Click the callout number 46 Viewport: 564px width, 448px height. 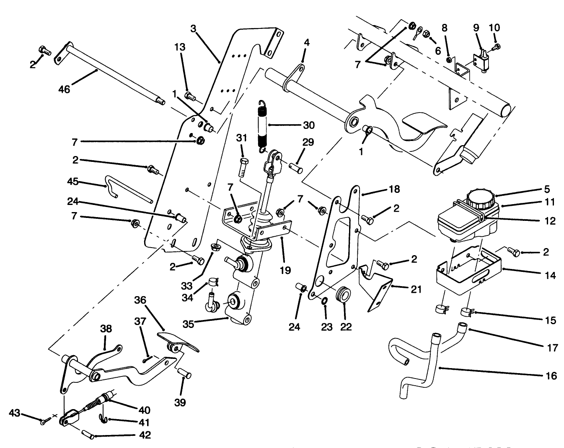[64, 89]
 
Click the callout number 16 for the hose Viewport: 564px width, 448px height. [552, 376]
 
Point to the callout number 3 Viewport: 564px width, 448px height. [193, 28]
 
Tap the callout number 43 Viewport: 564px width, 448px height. [15, 413]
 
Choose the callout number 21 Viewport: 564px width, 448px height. [416, 289]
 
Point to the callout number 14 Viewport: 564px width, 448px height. [550, 275]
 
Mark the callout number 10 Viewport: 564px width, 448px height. [494, 28]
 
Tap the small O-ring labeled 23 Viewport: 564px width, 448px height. [324, 301]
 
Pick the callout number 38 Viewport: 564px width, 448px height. [106, 329]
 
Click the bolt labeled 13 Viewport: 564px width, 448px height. [191, 97]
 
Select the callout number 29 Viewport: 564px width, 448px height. [308, 143]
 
